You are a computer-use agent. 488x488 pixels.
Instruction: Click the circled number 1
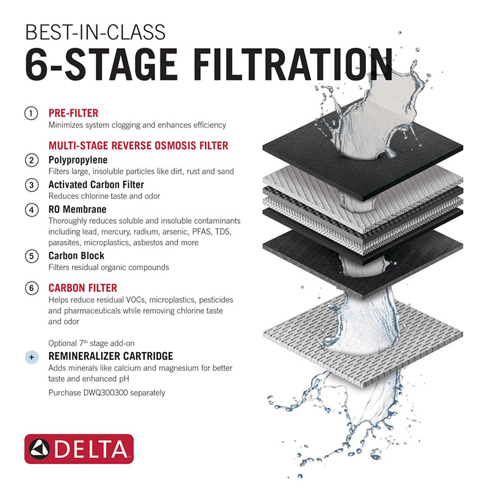pyautogui.click(x=30, y=113)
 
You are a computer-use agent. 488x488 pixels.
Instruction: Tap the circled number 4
pyautogui.click(x=30, y=209)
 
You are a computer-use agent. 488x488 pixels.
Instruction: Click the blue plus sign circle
pyautogui.click(x=30, y=357)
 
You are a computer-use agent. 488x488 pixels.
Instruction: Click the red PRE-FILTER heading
pyautogui.click(x=73, y=113)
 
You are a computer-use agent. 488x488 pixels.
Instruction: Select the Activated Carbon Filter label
pyautogui.click(x=96, y=184)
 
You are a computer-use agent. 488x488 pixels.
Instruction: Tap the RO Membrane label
pyautogui.click(x=77, y=209)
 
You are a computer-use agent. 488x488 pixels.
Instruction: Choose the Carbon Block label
pyautogui.click(x=76, y=256)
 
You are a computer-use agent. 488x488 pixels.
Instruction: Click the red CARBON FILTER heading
pyautogui.click(x=82, y=288)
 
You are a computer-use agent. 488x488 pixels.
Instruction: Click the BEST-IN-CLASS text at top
pyautogui.click(x=95, y=30)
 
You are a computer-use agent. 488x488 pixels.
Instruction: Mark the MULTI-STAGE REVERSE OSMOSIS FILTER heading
pyautogui.click(x=138, y=145)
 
